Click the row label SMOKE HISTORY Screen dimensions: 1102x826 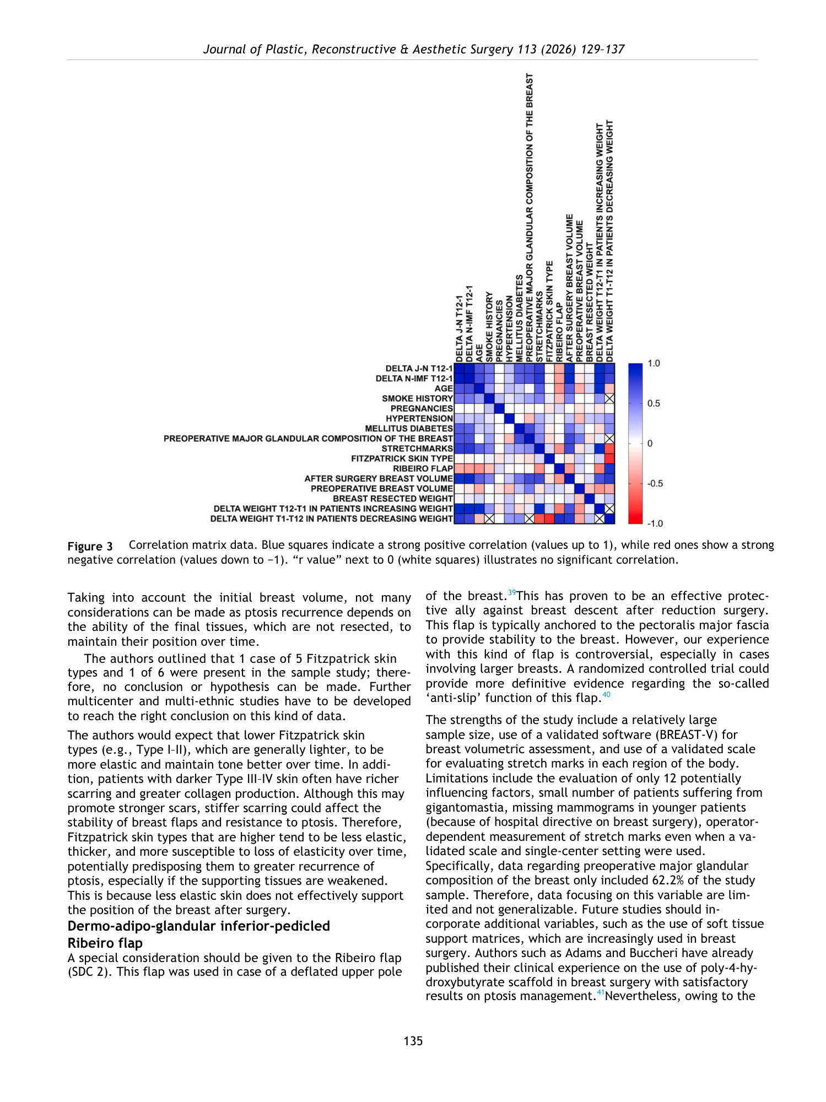coord(417,398)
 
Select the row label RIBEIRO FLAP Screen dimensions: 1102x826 coord(423,468)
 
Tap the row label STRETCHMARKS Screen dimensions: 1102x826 coord(417,449)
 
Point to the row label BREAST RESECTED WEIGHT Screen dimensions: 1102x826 coord(392,499)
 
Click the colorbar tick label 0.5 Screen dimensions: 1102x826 coord(654,403)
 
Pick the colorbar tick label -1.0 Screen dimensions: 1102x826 coord(655,523)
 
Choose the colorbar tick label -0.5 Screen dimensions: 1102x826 coord(655,483)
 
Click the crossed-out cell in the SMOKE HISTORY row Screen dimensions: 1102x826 coord(609,398)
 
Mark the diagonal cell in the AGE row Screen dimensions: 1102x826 coord(479,388)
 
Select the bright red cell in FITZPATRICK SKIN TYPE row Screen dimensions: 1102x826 coord(609,458)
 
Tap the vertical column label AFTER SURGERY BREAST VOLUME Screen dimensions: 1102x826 coord(569,288)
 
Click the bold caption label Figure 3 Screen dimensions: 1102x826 coord(90,547)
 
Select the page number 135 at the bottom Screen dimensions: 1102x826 coord(413,1041)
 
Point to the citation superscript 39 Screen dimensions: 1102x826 coord(511,593)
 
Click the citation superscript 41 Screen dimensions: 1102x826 coord(600,993)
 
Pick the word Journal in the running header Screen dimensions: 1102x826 coord(225,49)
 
